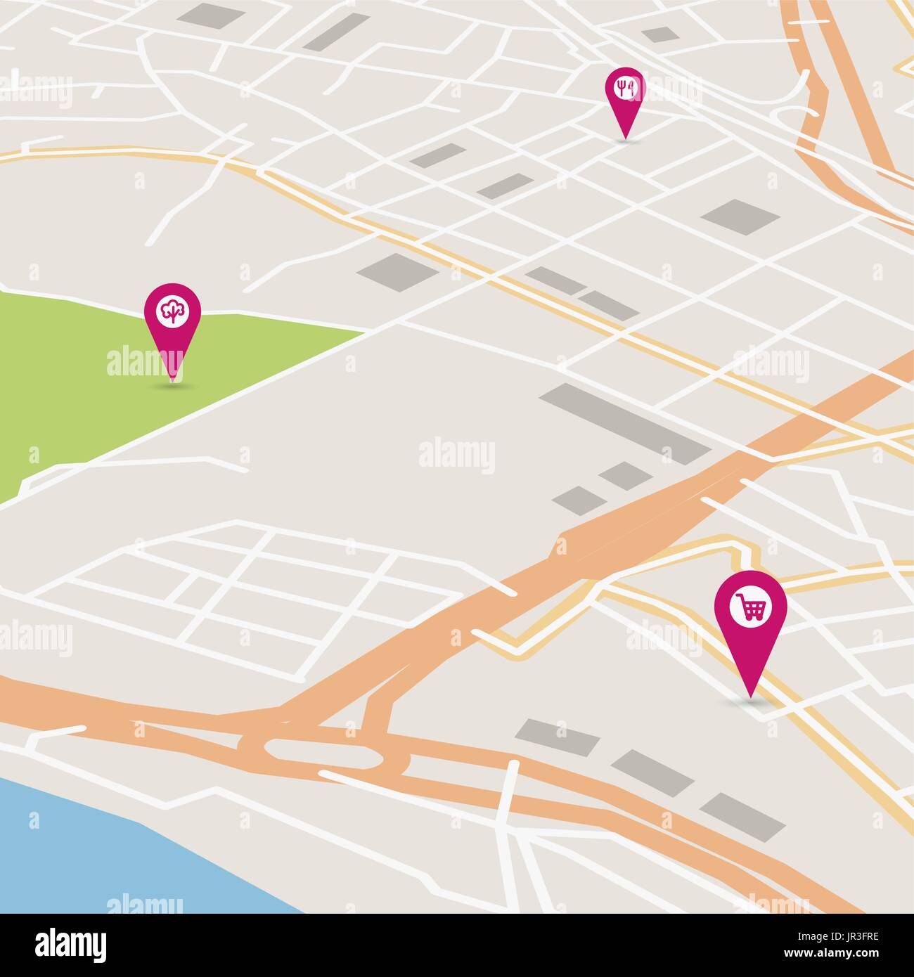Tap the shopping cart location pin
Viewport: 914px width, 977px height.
coord(750,619)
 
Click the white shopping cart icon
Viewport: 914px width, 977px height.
coord(750,607)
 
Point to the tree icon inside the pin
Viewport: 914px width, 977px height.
coord(172,311)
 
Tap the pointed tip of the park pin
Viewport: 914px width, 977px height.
coord(172,380)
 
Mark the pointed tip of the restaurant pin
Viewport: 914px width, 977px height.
coord(624,138)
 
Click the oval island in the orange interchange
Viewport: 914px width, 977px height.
coord(323,754)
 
